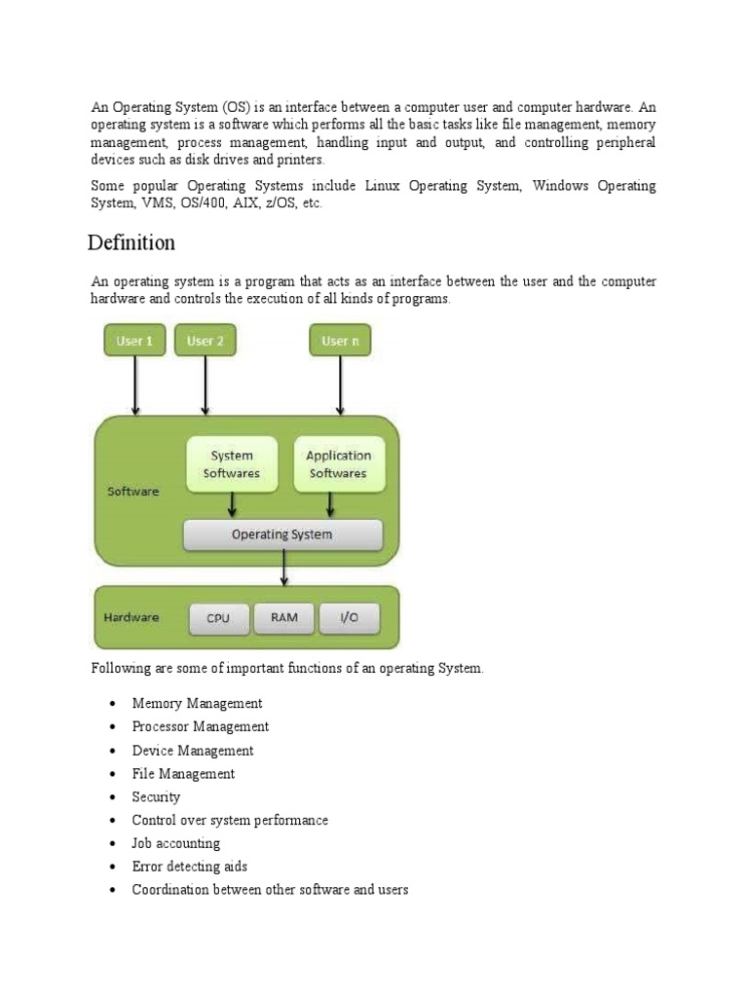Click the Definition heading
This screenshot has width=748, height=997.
131,241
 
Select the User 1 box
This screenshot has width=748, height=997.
134,341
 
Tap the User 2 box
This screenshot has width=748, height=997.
205,341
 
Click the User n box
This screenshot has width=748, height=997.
340,341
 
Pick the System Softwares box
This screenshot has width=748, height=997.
232,464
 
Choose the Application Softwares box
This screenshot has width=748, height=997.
338,464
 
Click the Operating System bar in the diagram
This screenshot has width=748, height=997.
282,535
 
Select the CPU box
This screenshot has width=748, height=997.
218,618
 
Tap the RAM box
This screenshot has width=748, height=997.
284,618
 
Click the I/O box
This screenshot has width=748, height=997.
348,618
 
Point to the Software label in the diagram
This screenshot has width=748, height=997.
132,492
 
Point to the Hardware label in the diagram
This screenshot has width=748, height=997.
131,617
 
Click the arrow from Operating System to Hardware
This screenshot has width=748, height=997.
283,568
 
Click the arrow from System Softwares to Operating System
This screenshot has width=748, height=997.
232,505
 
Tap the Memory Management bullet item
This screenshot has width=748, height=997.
197,703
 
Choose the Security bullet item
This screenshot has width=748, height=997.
156,796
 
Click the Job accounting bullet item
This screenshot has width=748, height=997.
176,843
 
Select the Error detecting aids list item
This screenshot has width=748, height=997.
190,867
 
